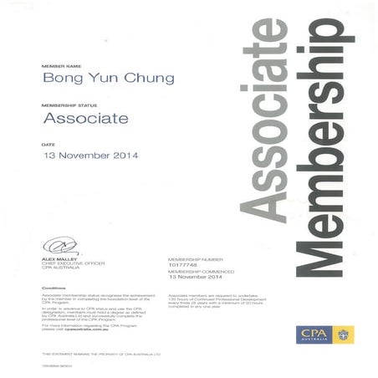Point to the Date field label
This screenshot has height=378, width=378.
47,144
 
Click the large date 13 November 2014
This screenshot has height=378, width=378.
90,156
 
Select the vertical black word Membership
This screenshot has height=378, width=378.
323,146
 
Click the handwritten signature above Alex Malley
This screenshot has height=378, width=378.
59,246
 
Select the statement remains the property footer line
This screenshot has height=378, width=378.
100,355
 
